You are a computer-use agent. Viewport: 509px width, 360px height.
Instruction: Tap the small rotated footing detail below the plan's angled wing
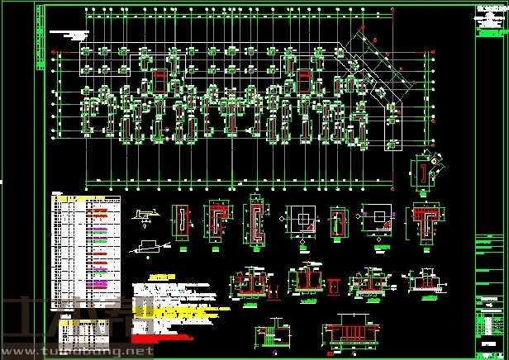(x=426, y=173)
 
